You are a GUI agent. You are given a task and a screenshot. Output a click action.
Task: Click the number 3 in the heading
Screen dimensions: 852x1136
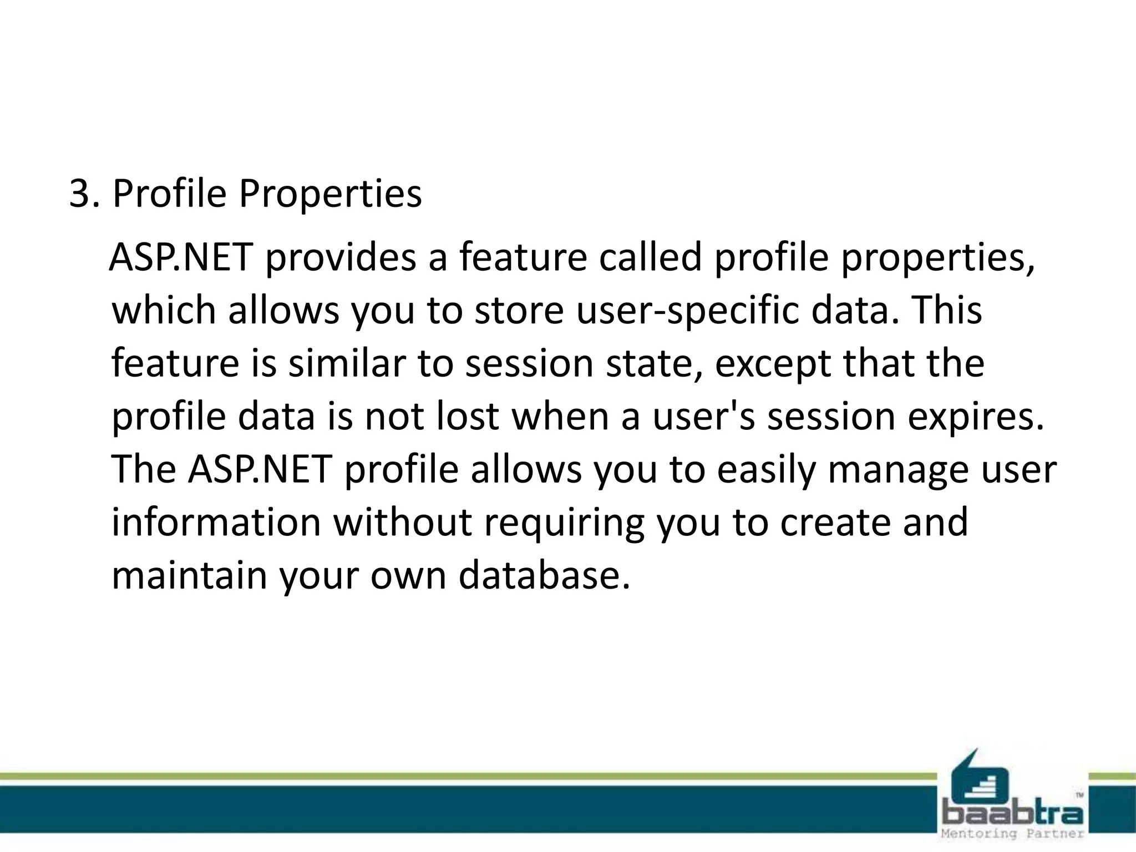coord(80,194)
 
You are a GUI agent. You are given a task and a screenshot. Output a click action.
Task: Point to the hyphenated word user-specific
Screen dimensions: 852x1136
coord(687,311)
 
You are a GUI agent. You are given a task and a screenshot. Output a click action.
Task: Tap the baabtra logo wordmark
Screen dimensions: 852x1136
coord(1012,814)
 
